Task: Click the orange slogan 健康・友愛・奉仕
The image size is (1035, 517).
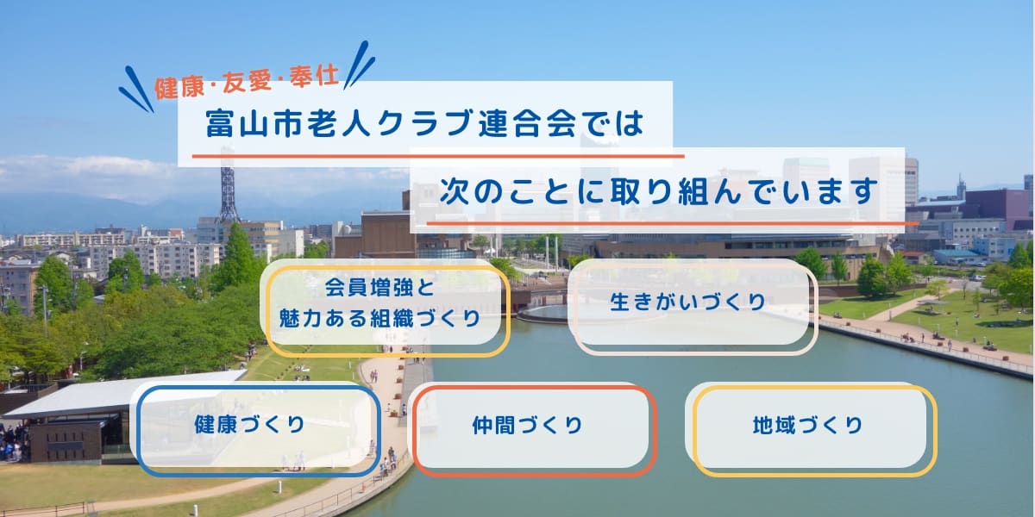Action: pos(247,83)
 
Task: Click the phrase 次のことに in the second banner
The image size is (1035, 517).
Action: pos(522,190)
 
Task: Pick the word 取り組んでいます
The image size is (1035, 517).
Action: pos(743,190)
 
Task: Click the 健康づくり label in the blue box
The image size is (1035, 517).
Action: pos(249,425)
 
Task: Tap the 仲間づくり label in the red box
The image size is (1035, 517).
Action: pos(527,425)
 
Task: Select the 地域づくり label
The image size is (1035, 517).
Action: pos(807,425)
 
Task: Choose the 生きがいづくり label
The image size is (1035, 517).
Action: pos(687,302)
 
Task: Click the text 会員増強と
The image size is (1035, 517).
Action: pos(379,287)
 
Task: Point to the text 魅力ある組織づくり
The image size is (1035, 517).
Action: pos(379,319)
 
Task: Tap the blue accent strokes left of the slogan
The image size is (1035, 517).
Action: pos(136,90)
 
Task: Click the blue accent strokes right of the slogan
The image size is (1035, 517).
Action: pos(359,65)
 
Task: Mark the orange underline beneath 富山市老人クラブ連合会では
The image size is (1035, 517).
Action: pos(438,156)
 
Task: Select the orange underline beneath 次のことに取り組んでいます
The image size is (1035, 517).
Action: pos(672,223)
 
